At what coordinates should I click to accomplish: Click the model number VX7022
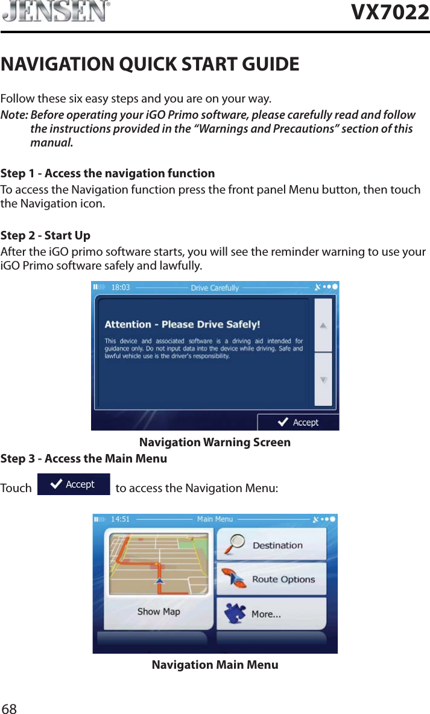coord(390,11)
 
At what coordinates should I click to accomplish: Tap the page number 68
coord(9,708)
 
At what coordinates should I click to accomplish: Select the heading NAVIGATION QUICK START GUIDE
coord(150,63)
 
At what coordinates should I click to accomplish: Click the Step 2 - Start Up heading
coord(46,235)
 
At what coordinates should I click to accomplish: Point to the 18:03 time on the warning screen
coord(121,288)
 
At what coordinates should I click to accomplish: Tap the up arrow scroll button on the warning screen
coord(324,326)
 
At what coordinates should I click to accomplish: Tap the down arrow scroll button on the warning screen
coord(324,380)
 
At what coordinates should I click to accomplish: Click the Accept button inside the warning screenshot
coord(299,422)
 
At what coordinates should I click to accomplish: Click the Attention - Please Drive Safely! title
coord(182,324)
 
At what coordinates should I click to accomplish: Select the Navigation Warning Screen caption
coord(215,443)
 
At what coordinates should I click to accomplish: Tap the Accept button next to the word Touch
coord(74,484)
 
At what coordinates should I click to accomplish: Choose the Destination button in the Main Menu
coord(271,545)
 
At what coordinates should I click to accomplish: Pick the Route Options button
coord(271,580)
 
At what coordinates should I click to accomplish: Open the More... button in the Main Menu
coord(271,614)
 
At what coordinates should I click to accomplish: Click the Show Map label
coord(159,611)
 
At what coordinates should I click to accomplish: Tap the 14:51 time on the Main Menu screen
coord(121,519)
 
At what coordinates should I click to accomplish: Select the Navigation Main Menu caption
coord(215,665)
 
